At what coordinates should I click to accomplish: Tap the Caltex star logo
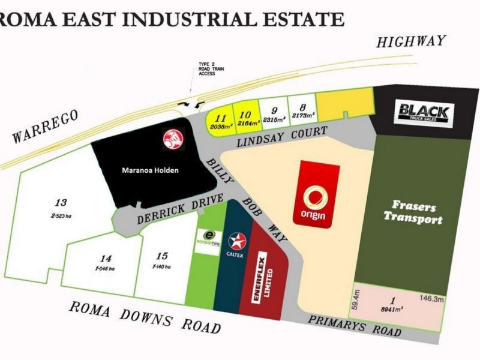[237, 242]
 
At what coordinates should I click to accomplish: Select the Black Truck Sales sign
[424, 112]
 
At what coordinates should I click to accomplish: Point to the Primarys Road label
[354, 325]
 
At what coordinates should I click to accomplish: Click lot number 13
[61, 202]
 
